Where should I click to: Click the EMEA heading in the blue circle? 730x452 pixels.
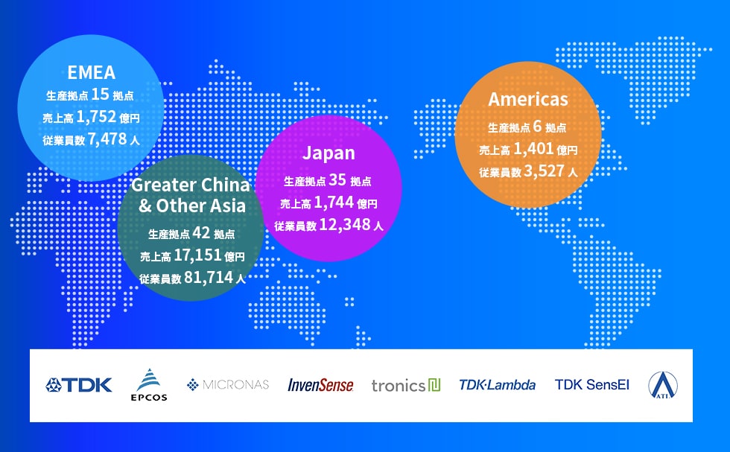pyautogui.click(x=91, y=73)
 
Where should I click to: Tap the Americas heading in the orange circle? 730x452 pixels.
pyautogui.click(x=528, y=99)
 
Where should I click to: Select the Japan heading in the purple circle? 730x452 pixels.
pyautogui.click(x=328, y=153)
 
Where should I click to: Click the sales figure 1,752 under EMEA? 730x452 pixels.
pyautogui.click(x=96, y=117)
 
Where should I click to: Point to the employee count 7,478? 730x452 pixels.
pyautogui.click(x=107, y=139)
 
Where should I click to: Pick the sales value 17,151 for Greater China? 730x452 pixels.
pyautogui.click(x=197, y=255)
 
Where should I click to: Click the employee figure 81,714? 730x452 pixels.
pyautogui.click(x=209, y=278)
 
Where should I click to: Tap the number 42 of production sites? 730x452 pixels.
pyautogui.click(x=201, y=233)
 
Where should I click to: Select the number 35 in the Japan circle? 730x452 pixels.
pyautogui.click(x=337, y=179)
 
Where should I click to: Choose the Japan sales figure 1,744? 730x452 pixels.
pyautogui.click(x=334, y=203)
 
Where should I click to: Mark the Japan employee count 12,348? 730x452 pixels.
pyautogui.click(x=345, y=225)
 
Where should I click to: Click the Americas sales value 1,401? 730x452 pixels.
pyautogui.click(x=533, y=149)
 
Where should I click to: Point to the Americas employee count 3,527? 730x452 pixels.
pyautogui.click(x=545, y=171)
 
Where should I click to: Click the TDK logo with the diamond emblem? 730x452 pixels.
pyautogui.click(x=79, y=385)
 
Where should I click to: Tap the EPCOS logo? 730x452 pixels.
pyautogui.click(x=149, y=385)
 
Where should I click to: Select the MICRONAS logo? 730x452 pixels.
pyautogui.click(x=228, y=385)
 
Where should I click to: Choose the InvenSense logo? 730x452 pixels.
pyautogui.click(x=320, y=385)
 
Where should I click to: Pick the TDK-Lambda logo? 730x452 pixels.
pyautogui.click(x=498, y=385)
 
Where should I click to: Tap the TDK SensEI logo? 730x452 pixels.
pyautogui.click(x=591, y=385)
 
